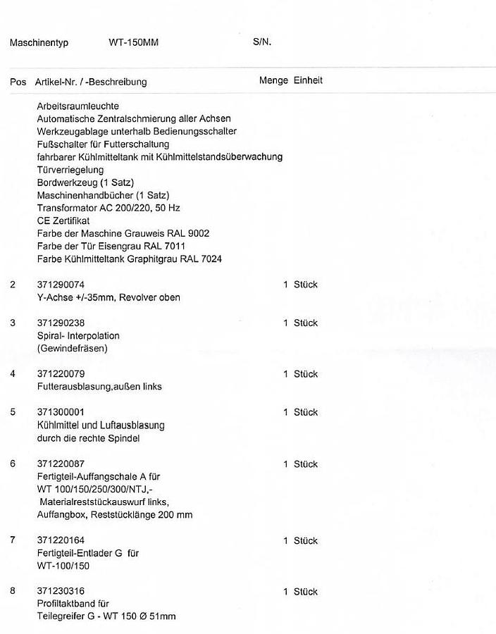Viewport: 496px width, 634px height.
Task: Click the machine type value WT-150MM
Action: (x=133, y=42)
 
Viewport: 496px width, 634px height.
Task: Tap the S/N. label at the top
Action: (x=262, y=42)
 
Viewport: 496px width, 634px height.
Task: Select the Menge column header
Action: (x=273, y=81)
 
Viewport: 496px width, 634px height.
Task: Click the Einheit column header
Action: (x=308, y=81)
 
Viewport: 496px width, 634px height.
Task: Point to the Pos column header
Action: (x=18, y=82)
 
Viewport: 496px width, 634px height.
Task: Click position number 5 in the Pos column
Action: (x=13, y=412)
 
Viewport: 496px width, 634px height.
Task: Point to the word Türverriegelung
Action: (x=70, y=170)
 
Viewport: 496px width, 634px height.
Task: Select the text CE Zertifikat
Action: (x=63, y=220)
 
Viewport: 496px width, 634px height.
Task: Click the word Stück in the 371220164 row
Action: (x=306, y=541)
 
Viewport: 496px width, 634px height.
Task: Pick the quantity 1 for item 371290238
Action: (x=285, y=323)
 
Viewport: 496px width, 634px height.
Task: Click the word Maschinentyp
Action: (x=39, y=43)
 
